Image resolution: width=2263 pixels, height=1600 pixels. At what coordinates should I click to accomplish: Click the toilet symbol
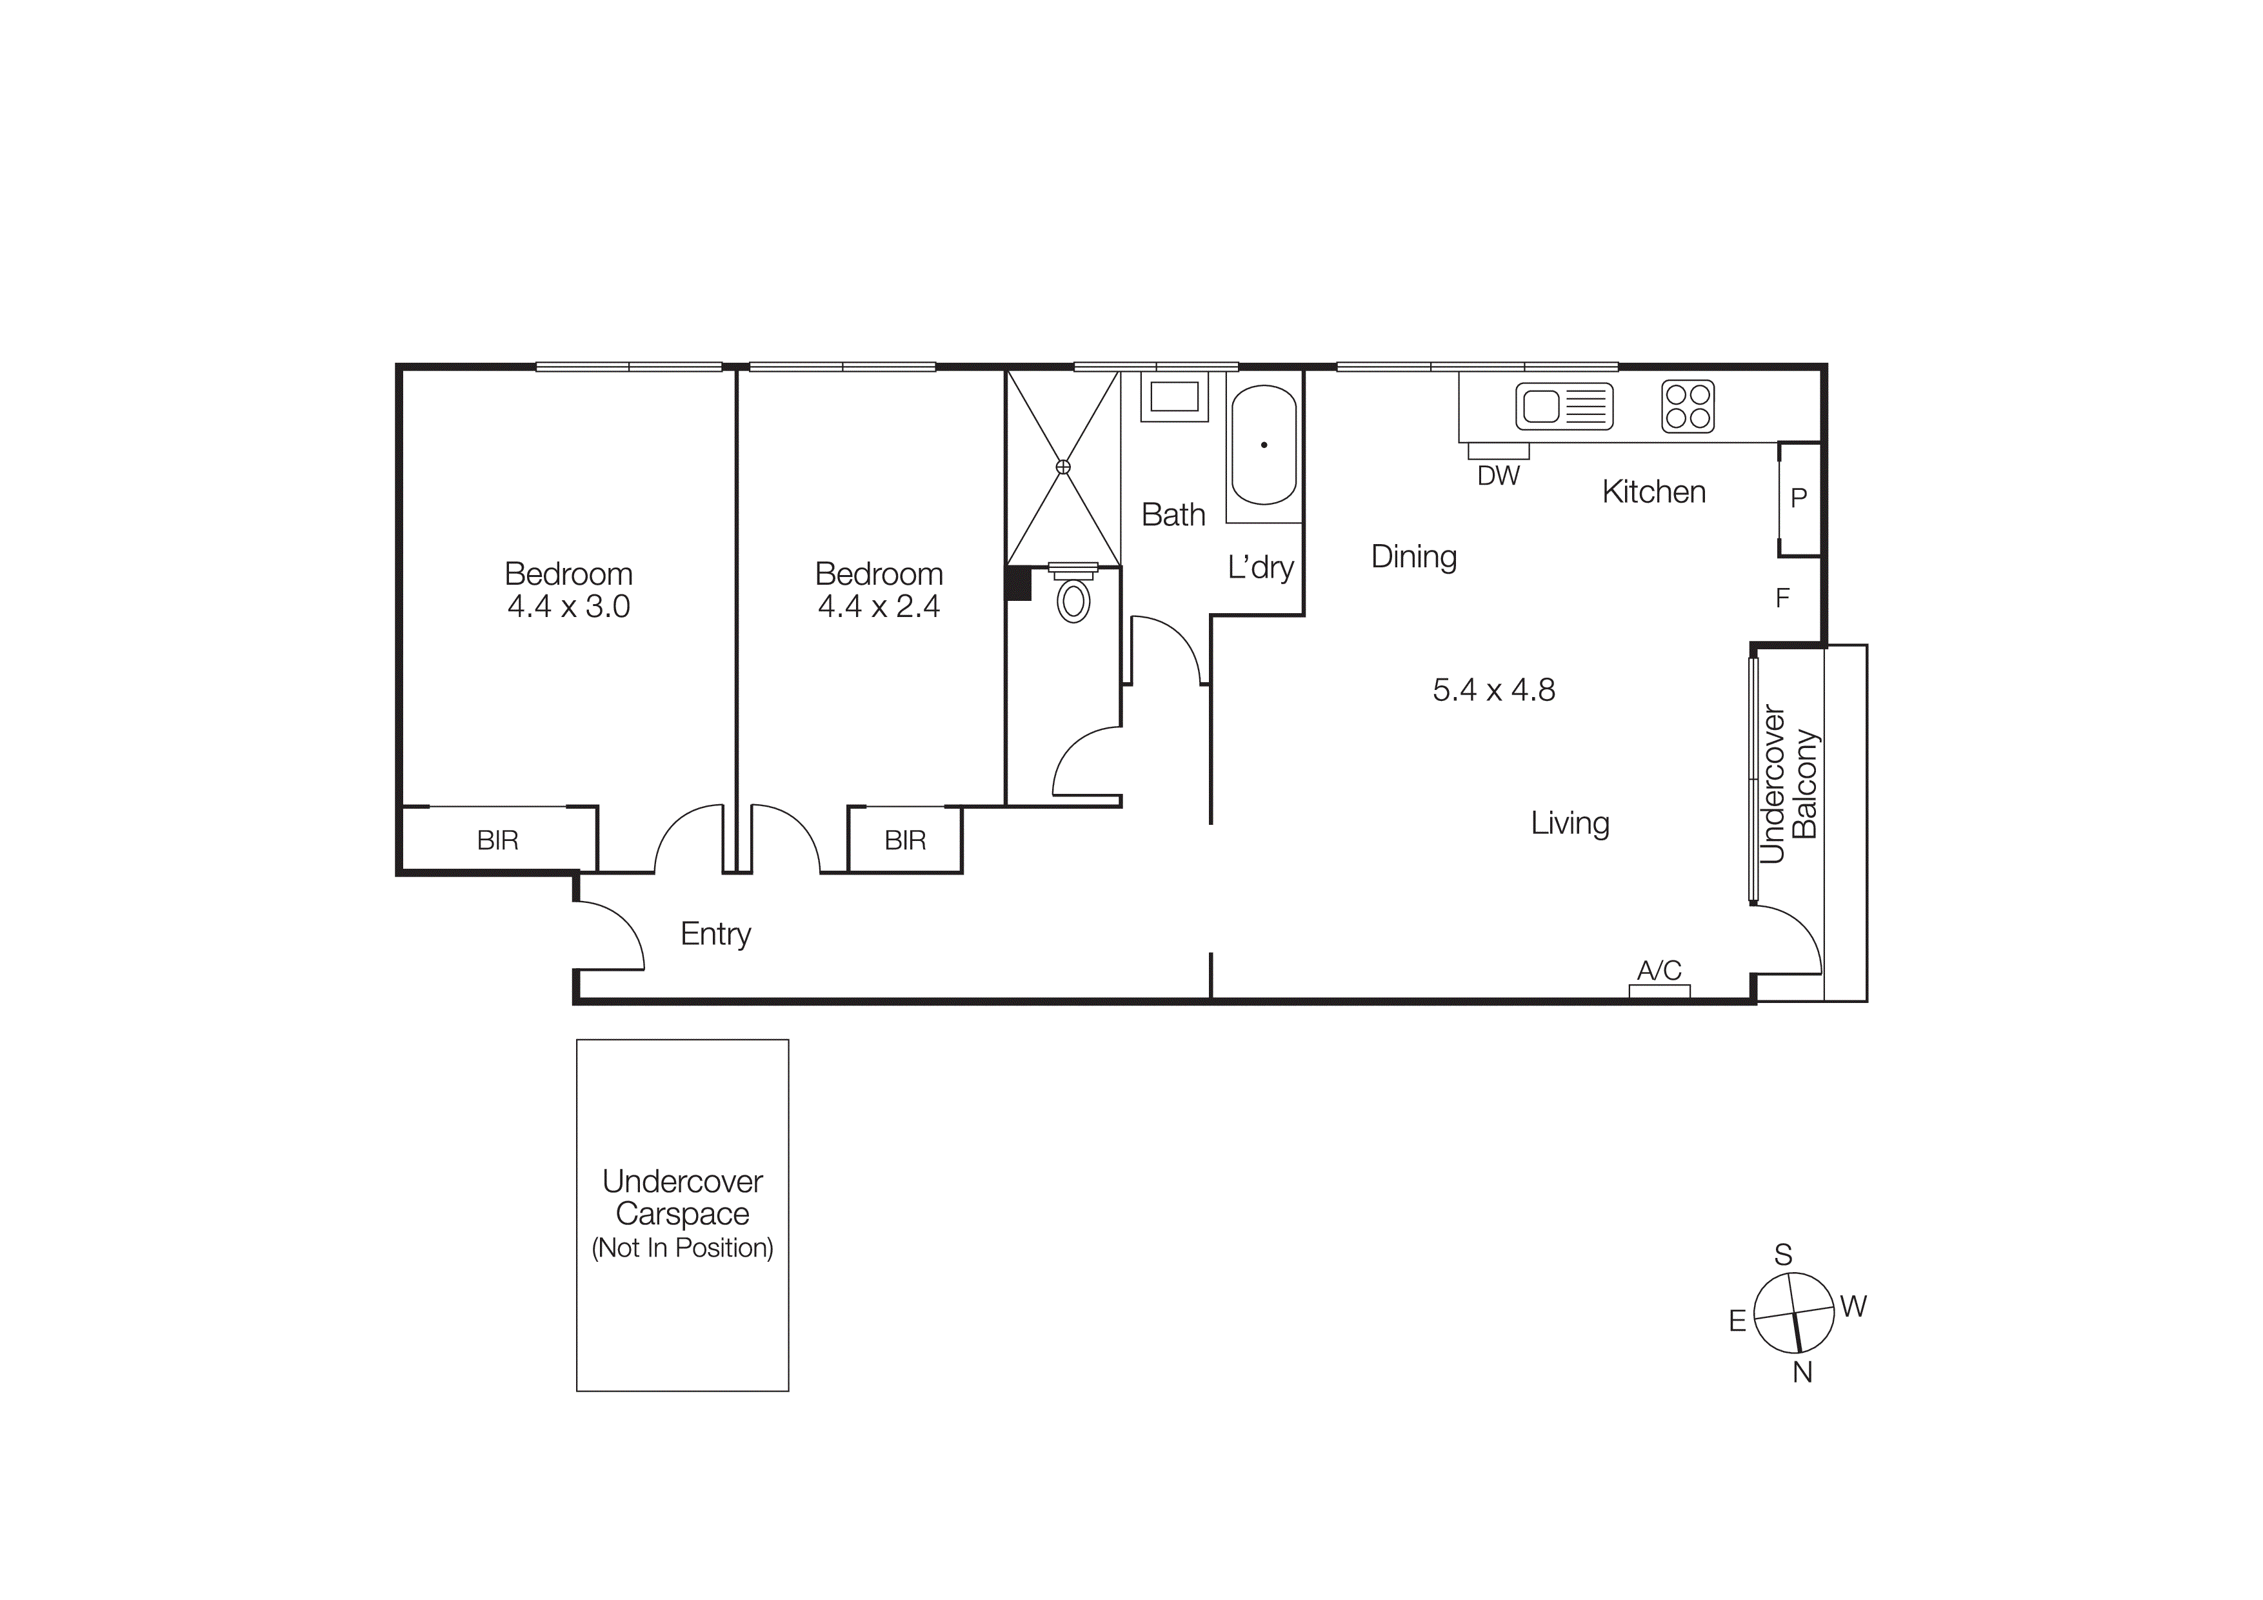pyautogui.click(x=1073, y=598)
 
